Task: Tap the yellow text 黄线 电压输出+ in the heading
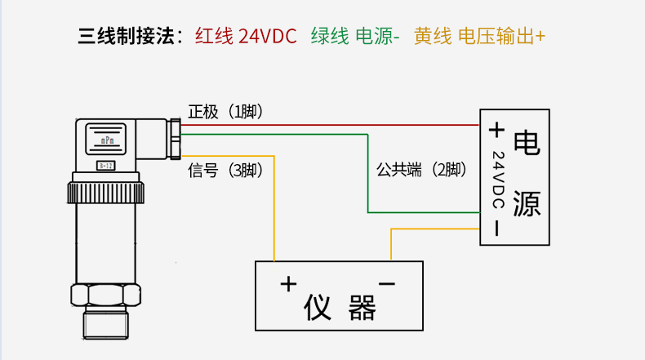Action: (x=479, y=37)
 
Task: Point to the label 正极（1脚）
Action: (x=225, y=112)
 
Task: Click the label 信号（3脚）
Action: (x=225, y=171)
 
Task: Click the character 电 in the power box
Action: (x=527, y=142)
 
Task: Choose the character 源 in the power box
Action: (x=527, y=204)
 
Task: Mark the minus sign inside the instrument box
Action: (x=387, y=283)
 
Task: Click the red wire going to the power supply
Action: (x=327, y=126)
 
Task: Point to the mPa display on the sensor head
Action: (x=107, y=140)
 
